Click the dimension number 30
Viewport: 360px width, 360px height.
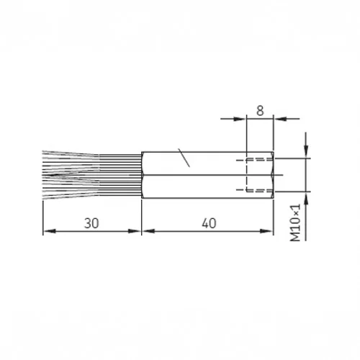point(91,223)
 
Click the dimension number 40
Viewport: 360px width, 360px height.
point(209,223)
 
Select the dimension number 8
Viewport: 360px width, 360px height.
point(260,111)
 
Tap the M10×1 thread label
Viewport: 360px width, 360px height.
point(295,222)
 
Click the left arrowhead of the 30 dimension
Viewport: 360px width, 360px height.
point(50,231)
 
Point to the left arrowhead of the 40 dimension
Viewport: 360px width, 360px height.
point(148,231)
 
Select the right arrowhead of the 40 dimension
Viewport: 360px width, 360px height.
point(266,231)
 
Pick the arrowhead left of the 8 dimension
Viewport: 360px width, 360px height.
point(240,119)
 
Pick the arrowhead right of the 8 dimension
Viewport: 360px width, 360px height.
point(281,119)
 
